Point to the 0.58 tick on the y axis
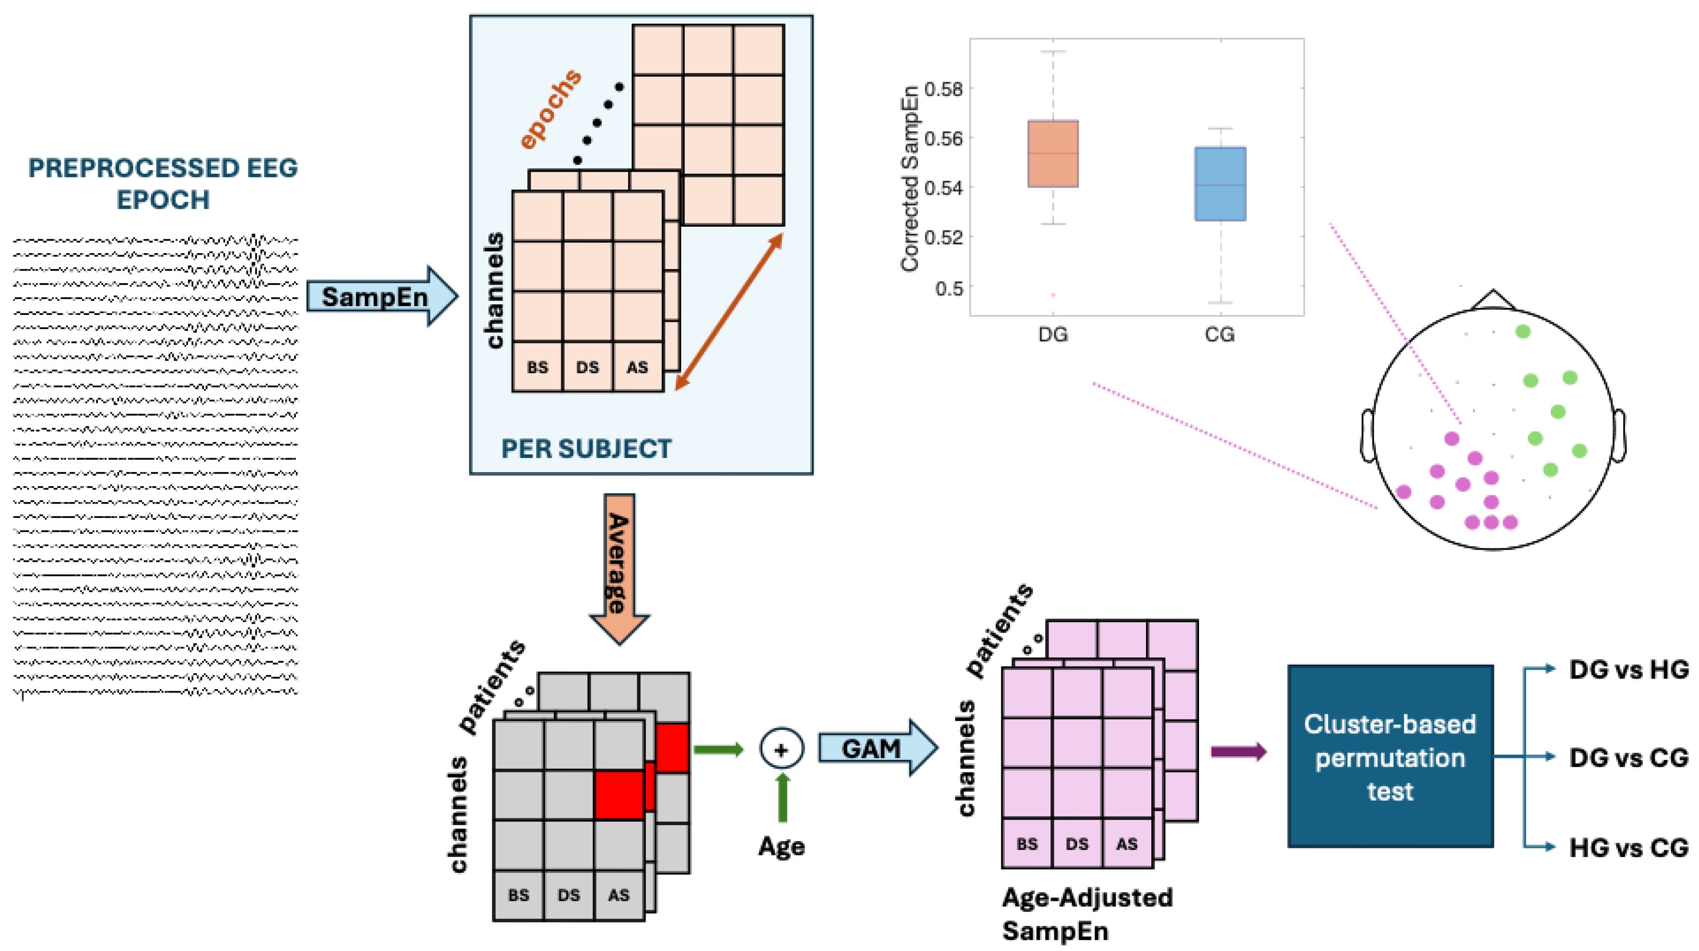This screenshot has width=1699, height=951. click(x=944, y=88)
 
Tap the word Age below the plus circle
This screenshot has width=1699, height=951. click(x=782, y=846)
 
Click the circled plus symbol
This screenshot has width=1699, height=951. click(x=782, y=750)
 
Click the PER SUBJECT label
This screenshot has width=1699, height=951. click(x=586, y=449)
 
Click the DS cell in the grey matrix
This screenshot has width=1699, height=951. click(x=568, y=896)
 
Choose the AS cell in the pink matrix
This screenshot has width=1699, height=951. click(x=1127, y=844)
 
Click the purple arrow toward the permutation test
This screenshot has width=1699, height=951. click(x=1238, y=752)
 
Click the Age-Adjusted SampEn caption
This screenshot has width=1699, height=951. click(x=1086, y=914)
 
